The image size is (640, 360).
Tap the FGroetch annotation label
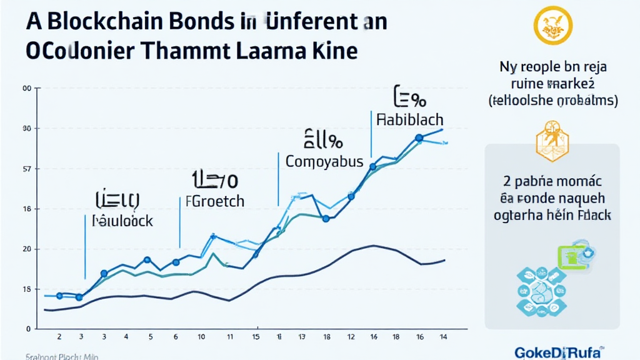(x=215, y=202)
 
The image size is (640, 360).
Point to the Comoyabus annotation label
(x=324, y=161)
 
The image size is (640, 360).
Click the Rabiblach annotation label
(x=410, y=119)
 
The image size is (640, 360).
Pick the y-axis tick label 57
(x=27, y=169)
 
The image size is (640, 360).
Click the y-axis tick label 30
(x=27, y=129)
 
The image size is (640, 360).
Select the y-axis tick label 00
(x=27, y=89)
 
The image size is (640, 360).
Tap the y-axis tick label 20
(x=27, y=249)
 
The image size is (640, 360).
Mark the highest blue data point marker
(x=419, y=137)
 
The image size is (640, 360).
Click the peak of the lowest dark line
(x=373, y=246)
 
